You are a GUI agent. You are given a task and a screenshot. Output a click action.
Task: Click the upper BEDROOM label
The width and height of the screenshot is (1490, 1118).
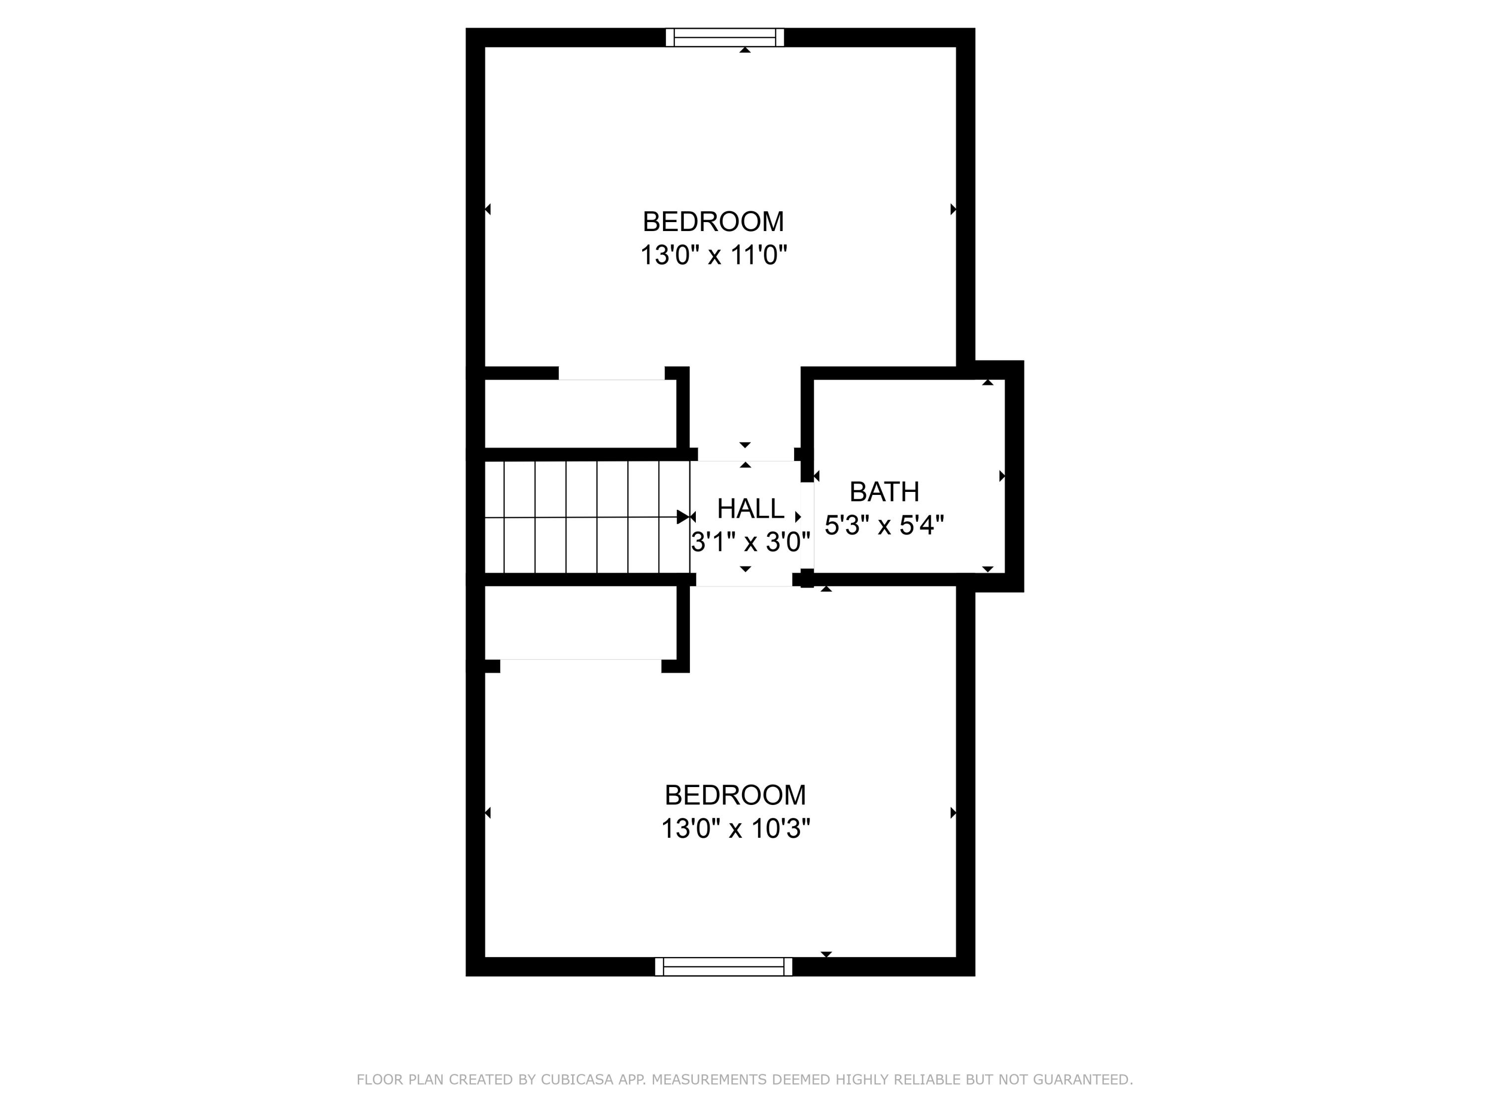coord(713,222)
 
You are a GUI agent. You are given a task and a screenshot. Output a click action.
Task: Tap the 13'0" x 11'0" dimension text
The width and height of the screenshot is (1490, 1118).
coord(713,255)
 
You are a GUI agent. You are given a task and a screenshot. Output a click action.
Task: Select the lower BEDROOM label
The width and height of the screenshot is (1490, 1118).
coord(735,795)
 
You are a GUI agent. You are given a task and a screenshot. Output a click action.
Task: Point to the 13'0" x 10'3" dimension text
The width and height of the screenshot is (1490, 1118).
coord(735,829)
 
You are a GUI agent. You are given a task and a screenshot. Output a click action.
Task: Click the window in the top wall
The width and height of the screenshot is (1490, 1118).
coord(725,37)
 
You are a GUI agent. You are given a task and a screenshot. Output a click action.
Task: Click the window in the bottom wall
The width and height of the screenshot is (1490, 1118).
coord(724,966)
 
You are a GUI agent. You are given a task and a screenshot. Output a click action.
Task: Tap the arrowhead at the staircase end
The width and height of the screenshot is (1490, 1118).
coord(683,517)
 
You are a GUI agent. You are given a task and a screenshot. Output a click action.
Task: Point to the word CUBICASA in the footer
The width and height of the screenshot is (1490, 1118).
coord(577,1080)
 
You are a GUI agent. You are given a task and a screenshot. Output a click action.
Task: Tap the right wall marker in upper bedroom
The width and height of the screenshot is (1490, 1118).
coord(953,210)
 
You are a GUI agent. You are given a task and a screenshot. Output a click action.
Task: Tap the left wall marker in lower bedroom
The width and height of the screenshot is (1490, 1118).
coord(488,813)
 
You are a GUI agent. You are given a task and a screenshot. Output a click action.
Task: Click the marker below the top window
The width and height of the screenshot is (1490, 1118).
coord(745,50)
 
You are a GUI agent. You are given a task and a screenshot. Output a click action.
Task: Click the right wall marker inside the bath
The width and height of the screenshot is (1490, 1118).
coord(1002,477)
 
